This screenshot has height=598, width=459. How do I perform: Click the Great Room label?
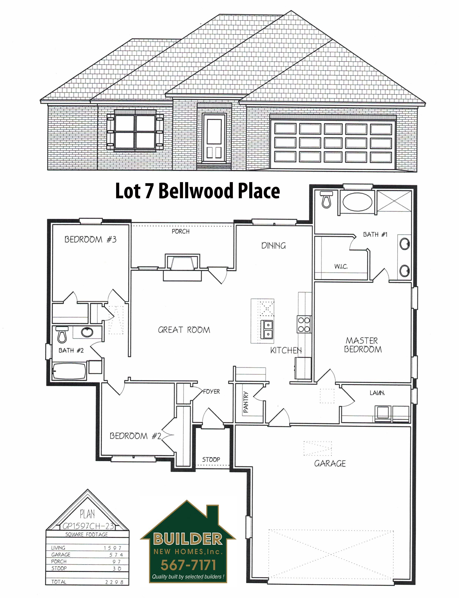(x=184, y=330)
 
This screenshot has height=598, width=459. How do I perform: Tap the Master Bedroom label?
(x=362, y=345)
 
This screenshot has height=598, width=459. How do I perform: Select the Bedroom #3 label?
(x=90, y=239)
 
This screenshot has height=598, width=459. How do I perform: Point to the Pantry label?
(x=246, y=402)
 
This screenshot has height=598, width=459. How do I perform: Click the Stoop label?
(x=211, y=459)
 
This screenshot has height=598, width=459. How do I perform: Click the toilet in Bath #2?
(x=62, y=335)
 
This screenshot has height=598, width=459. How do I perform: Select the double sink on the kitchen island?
(x=267, y=329)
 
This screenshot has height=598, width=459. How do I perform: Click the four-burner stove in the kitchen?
(x=304, y=324)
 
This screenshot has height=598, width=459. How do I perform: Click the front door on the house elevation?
(x=214, y=138)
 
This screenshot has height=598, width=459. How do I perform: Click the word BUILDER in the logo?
(x=188, y=539)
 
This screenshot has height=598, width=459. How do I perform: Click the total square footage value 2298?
(x=114, y=582)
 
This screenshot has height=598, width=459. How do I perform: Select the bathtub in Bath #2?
(x=69, y=371)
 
